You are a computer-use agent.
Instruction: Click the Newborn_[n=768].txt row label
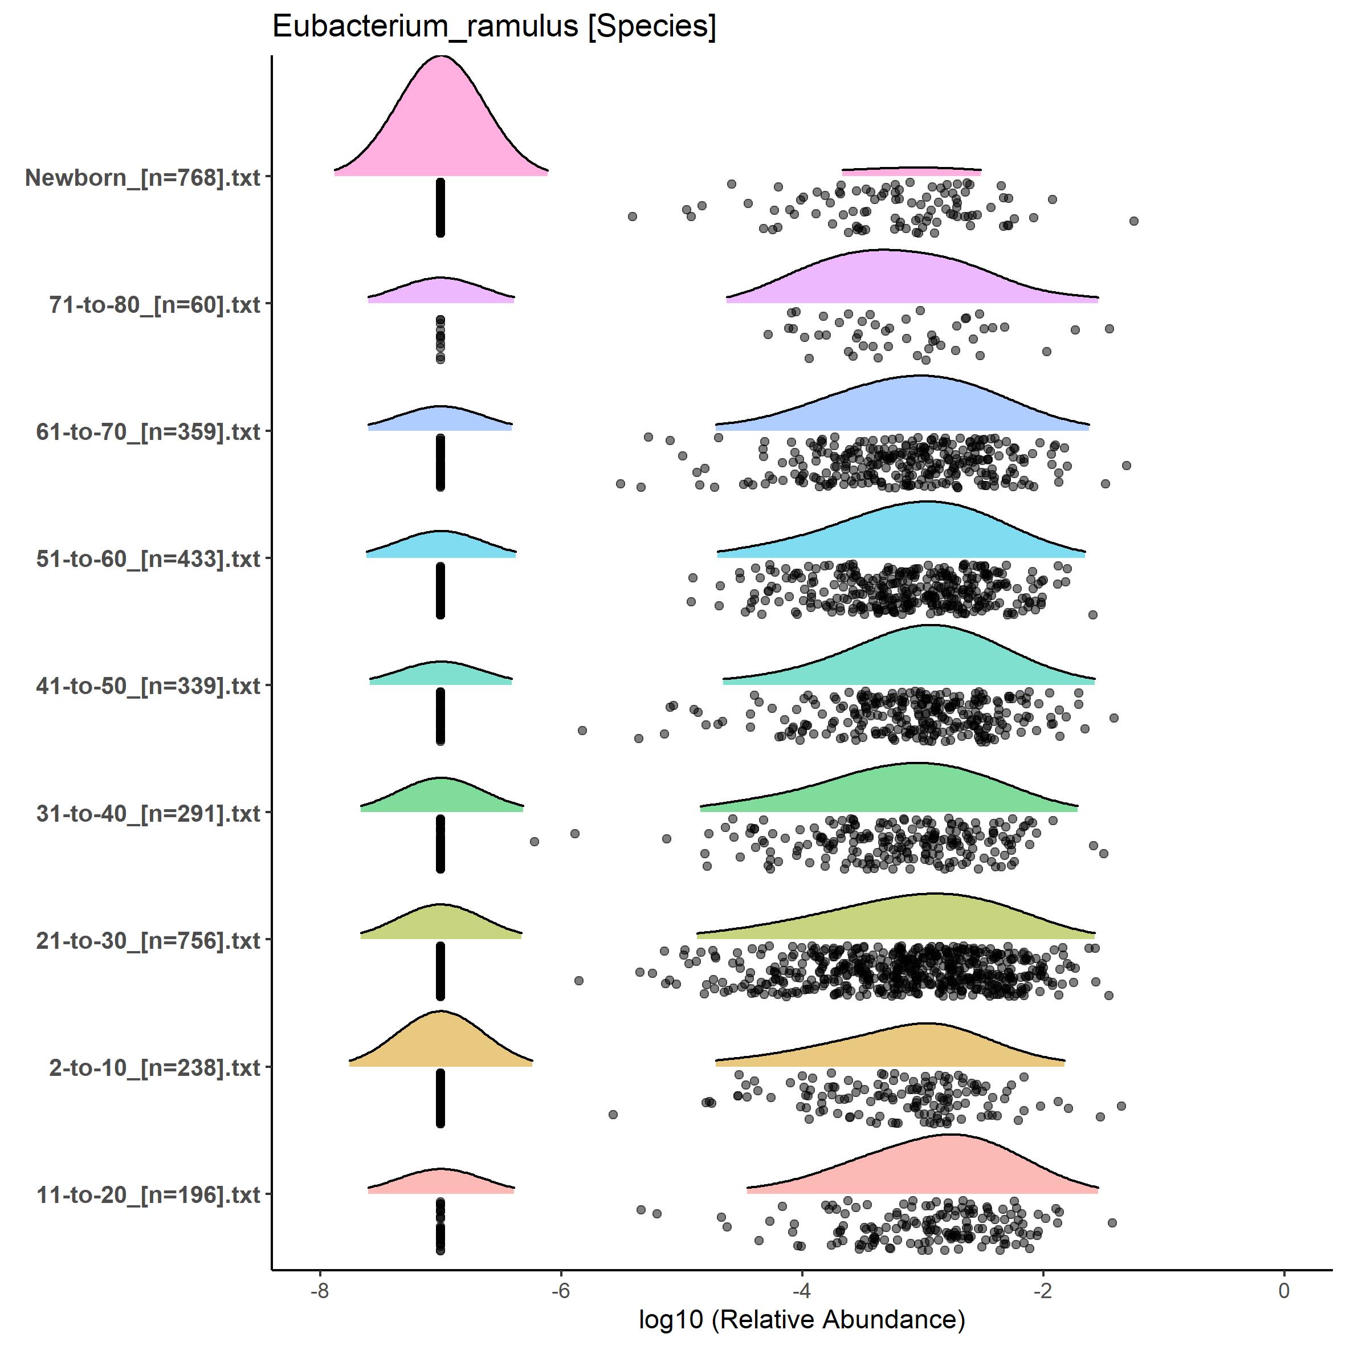[x=143, y=178]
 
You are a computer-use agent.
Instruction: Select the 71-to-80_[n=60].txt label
[x=154, y=304]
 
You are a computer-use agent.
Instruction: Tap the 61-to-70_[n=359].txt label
[x=148, y=432]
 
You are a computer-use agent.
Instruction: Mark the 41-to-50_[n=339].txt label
[x=148, y=686]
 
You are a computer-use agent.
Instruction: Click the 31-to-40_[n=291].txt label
[x=148, y=813]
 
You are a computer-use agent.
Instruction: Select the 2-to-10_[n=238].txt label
[x=154, y=1067]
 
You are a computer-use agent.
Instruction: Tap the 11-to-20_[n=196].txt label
[x=148, y=1195]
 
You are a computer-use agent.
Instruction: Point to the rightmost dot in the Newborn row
[x=1133, y=221]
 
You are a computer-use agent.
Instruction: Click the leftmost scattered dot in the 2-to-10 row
[x=613, y=1115]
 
